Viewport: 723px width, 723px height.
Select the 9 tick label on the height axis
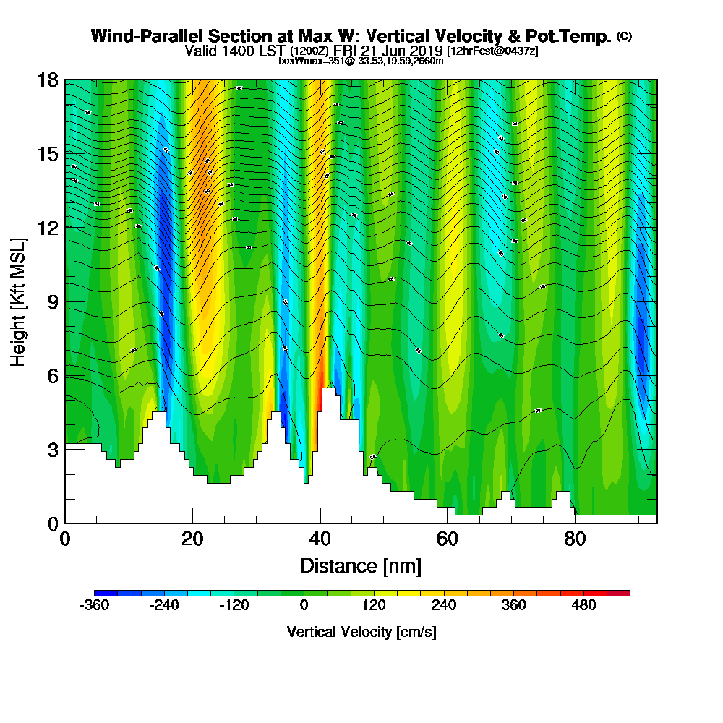pyautogui.click(x=51, y=301)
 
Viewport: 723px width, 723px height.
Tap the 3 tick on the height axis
pyautogui.click(x=51, y=449)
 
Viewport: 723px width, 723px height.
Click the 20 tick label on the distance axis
pyautogui.click(x=192, y=539)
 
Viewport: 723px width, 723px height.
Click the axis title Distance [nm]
pyautogui.click(x=361, y=565)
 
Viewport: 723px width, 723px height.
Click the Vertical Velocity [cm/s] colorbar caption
pyautogui.click(x=361, y=632)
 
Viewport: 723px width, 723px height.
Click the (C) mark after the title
pyautogui.click(x=624, y=36)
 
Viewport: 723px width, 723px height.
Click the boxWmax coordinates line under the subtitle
pyautogui.click(x=361, y=61)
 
